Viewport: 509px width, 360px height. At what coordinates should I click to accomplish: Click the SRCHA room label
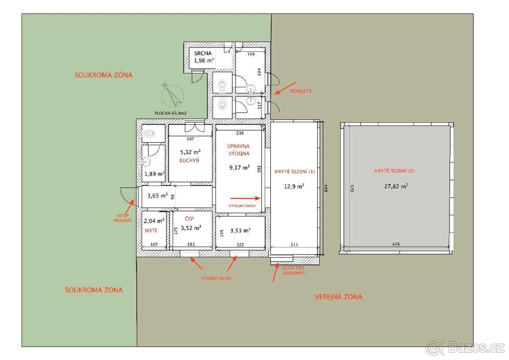(203, 53)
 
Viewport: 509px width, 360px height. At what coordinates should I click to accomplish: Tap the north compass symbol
(173, 95)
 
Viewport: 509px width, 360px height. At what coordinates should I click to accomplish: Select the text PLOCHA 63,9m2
(171, 113)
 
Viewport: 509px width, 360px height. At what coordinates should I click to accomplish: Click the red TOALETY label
(301, 91)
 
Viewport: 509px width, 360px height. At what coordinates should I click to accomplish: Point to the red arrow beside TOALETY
(285, 88)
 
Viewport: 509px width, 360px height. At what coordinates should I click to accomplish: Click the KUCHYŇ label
(189, 160)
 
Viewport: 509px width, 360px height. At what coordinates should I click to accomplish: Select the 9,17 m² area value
(240, 168)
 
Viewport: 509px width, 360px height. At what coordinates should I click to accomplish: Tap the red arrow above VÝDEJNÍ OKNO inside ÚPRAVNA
(246, 198)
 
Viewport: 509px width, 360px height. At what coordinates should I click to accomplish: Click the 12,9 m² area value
(294, 186)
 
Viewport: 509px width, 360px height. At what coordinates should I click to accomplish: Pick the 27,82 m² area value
(396, 186)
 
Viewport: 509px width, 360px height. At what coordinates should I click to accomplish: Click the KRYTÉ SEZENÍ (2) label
(394, 171)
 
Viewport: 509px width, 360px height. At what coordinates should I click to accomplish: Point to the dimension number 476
(396, 244)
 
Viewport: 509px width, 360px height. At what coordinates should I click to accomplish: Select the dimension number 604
(326, 188)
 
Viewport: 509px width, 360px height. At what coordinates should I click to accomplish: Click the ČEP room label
(189, 219)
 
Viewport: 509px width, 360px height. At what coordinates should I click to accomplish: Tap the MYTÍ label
(151, 231)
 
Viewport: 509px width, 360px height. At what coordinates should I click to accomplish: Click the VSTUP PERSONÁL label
(123, 218)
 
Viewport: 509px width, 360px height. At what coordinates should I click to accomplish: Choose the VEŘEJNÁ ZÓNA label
(338, 297)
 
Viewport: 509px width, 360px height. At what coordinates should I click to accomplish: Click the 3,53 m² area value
(241, 231)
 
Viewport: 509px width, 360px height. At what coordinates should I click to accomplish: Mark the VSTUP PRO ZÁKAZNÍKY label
(294, 270)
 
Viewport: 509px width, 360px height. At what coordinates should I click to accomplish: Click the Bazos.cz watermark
(465, 348)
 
